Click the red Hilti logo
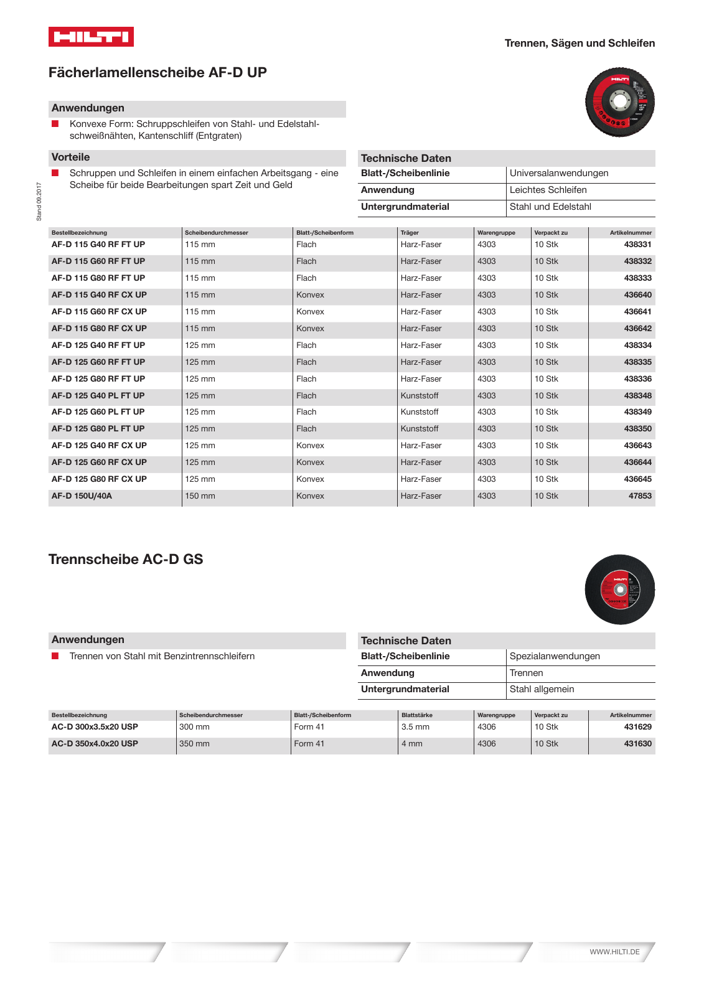click(x=91, y=37)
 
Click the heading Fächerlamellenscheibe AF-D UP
click(x=157, y=73)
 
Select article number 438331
click(x=637, y=245)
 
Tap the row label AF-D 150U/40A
click(x=82, y=496)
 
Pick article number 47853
click(x=640, y=496)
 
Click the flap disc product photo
click(x=619, y=102)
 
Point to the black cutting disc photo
click(x=619, y=589)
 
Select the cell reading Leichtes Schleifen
click(x=548, y=190)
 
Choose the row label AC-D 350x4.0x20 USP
click(x=95, y=744)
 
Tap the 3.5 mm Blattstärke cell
click(x=415, y=727)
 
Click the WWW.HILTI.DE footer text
click(x=614, y=952)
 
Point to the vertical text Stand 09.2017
click(x=39, y=201)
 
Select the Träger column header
click(x=410, y=233)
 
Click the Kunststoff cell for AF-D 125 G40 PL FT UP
click(x=419, y=396)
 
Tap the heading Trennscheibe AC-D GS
click(x=126, y=559)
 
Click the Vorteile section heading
click(x=70, y=157)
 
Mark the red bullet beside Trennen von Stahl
click(x=55, y=656)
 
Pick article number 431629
click(x=637, y=727)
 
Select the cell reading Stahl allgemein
click(x=542, y=689)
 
